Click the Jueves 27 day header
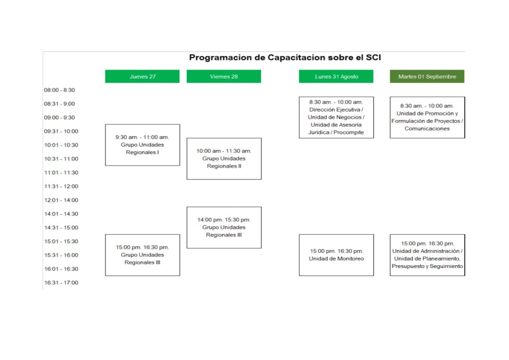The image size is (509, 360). click(142, 76)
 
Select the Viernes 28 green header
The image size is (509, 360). click(224, 76)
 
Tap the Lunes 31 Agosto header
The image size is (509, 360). click(336, 76)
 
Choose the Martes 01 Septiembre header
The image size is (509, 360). click(427, 76)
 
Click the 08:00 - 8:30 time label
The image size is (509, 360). click(59, 90)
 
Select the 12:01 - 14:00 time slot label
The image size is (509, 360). click(61, 200)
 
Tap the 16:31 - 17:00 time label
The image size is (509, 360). click(61, 282)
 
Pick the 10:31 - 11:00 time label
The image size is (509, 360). click(61, 159)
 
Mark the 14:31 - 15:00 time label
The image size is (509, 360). click(61, 228)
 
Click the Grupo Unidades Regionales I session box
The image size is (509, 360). click(142, 145)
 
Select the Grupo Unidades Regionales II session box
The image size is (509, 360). click(224, 159)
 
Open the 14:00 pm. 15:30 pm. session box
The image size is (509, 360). click(224, 228)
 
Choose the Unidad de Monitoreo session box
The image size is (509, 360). click(337, 255)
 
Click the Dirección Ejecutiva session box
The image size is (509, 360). click(337, 117)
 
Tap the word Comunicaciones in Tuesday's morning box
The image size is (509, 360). click(427, 129)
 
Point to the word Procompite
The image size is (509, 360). click(348, 132)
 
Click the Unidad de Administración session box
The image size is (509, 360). click(427, 255)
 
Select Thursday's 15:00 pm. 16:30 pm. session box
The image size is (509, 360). click(142, 255)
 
